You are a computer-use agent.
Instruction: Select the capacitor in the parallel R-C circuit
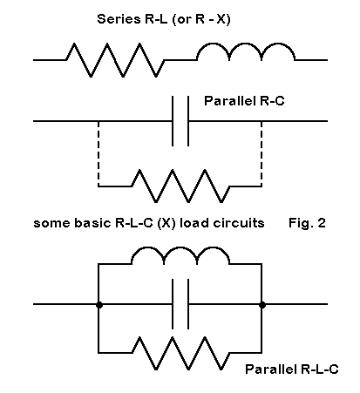180,121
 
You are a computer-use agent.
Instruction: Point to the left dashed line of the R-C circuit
98,153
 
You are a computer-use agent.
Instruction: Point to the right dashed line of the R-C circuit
262,153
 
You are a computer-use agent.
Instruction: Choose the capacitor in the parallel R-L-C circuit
180,304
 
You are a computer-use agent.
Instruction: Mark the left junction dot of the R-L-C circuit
99,305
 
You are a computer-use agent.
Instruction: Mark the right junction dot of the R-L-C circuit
262,305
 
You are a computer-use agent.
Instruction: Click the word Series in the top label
119,19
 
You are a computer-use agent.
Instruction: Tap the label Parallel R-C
244,101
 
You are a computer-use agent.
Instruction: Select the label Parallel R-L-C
292,369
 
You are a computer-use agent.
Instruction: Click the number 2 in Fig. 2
322,223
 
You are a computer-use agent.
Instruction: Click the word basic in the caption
93,223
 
